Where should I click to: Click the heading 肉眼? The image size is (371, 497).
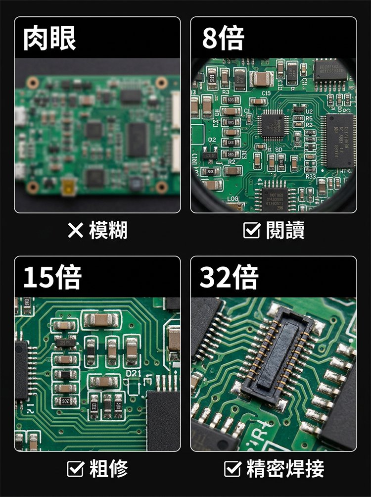click(x=49, y=39)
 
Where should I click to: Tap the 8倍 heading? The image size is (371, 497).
click(x=223, y=39)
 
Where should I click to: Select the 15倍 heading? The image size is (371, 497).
click(x=52, y=278)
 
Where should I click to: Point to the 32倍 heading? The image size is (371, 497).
click(x=229, y=278)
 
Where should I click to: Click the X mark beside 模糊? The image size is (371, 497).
click(x=76, y=231)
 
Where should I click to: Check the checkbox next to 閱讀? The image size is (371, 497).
click(x=253, y=230)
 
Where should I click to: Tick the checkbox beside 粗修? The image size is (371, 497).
click(x=77, y=468)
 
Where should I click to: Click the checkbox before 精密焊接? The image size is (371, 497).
click(x=232, y=468)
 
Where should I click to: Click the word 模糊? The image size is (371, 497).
click(x=108, y=231)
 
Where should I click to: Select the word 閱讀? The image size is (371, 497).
click(x=285, y=230)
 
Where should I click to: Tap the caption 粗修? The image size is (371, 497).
click(x=109, y=468)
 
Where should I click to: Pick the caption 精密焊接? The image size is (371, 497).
click(x=286, y=468)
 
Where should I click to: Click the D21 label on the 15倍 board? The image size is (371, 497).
click(x=134, y=372)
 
